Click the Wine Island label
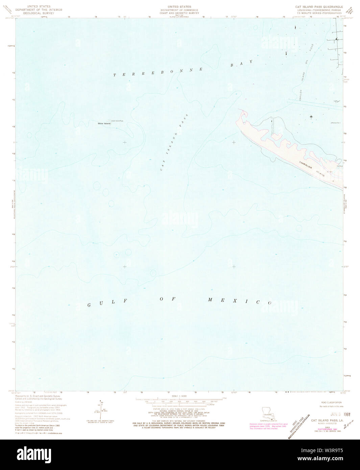click(104, 123)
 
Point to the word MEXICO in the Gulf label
click(240, 301)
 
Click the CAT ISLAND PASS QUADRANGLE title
click(319, 7)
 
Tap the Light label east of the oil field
click(336, 100)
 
